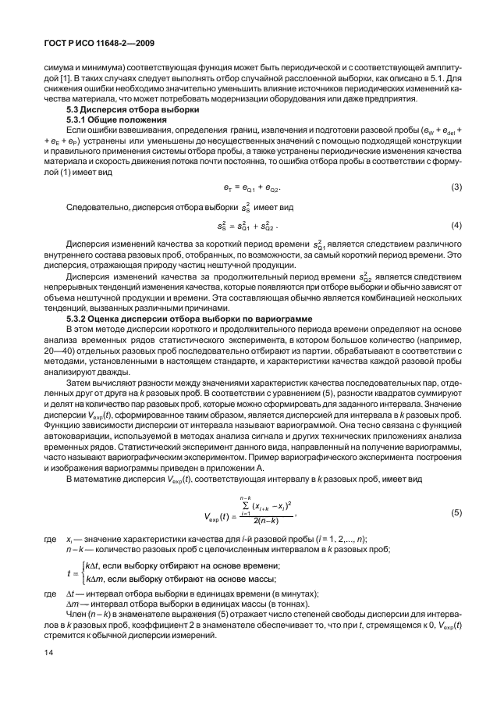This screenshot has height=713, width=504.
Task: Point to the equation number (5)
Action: (x=456, y=512)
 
